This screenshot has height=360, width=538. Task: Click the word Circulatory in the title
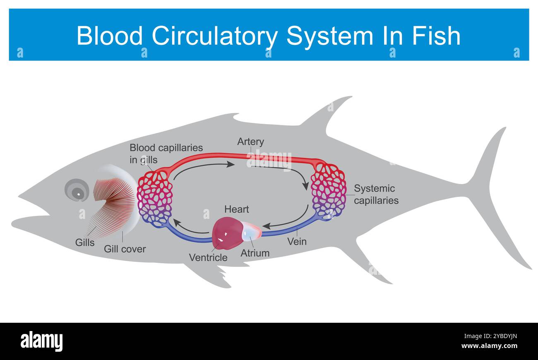coord(215,36)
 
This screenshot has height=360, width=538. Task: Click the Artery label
coord(250,142)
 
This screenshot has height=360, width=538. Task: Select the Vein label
coord(297,241)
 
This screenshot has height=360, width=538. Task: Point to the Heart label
coord(236,209)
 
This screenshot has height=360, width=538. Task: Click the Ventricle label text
coord(208,257)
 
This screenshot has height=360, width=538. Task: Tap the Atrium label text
coord(255,253)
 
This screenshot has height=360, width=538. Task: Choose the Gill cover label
coord(125,249)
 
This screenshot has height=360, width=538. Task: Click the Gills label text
coord(85,242)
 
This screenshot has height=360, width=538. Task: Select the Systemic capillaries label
coord(376,194)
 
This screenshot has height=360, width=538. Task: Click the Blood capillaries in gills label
coord(166,154)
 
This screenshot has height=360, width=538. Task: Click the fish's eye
coord(77,191)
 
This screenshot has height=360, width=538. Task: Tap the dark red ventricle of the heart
coord(227,233)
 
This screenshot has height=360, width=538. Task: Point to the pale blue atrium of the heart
coord(251,232)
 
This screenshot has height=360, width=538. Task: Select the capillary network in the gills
coord(155,199)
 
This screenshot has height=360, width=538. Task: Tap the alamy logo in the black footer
coord(42,341)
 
